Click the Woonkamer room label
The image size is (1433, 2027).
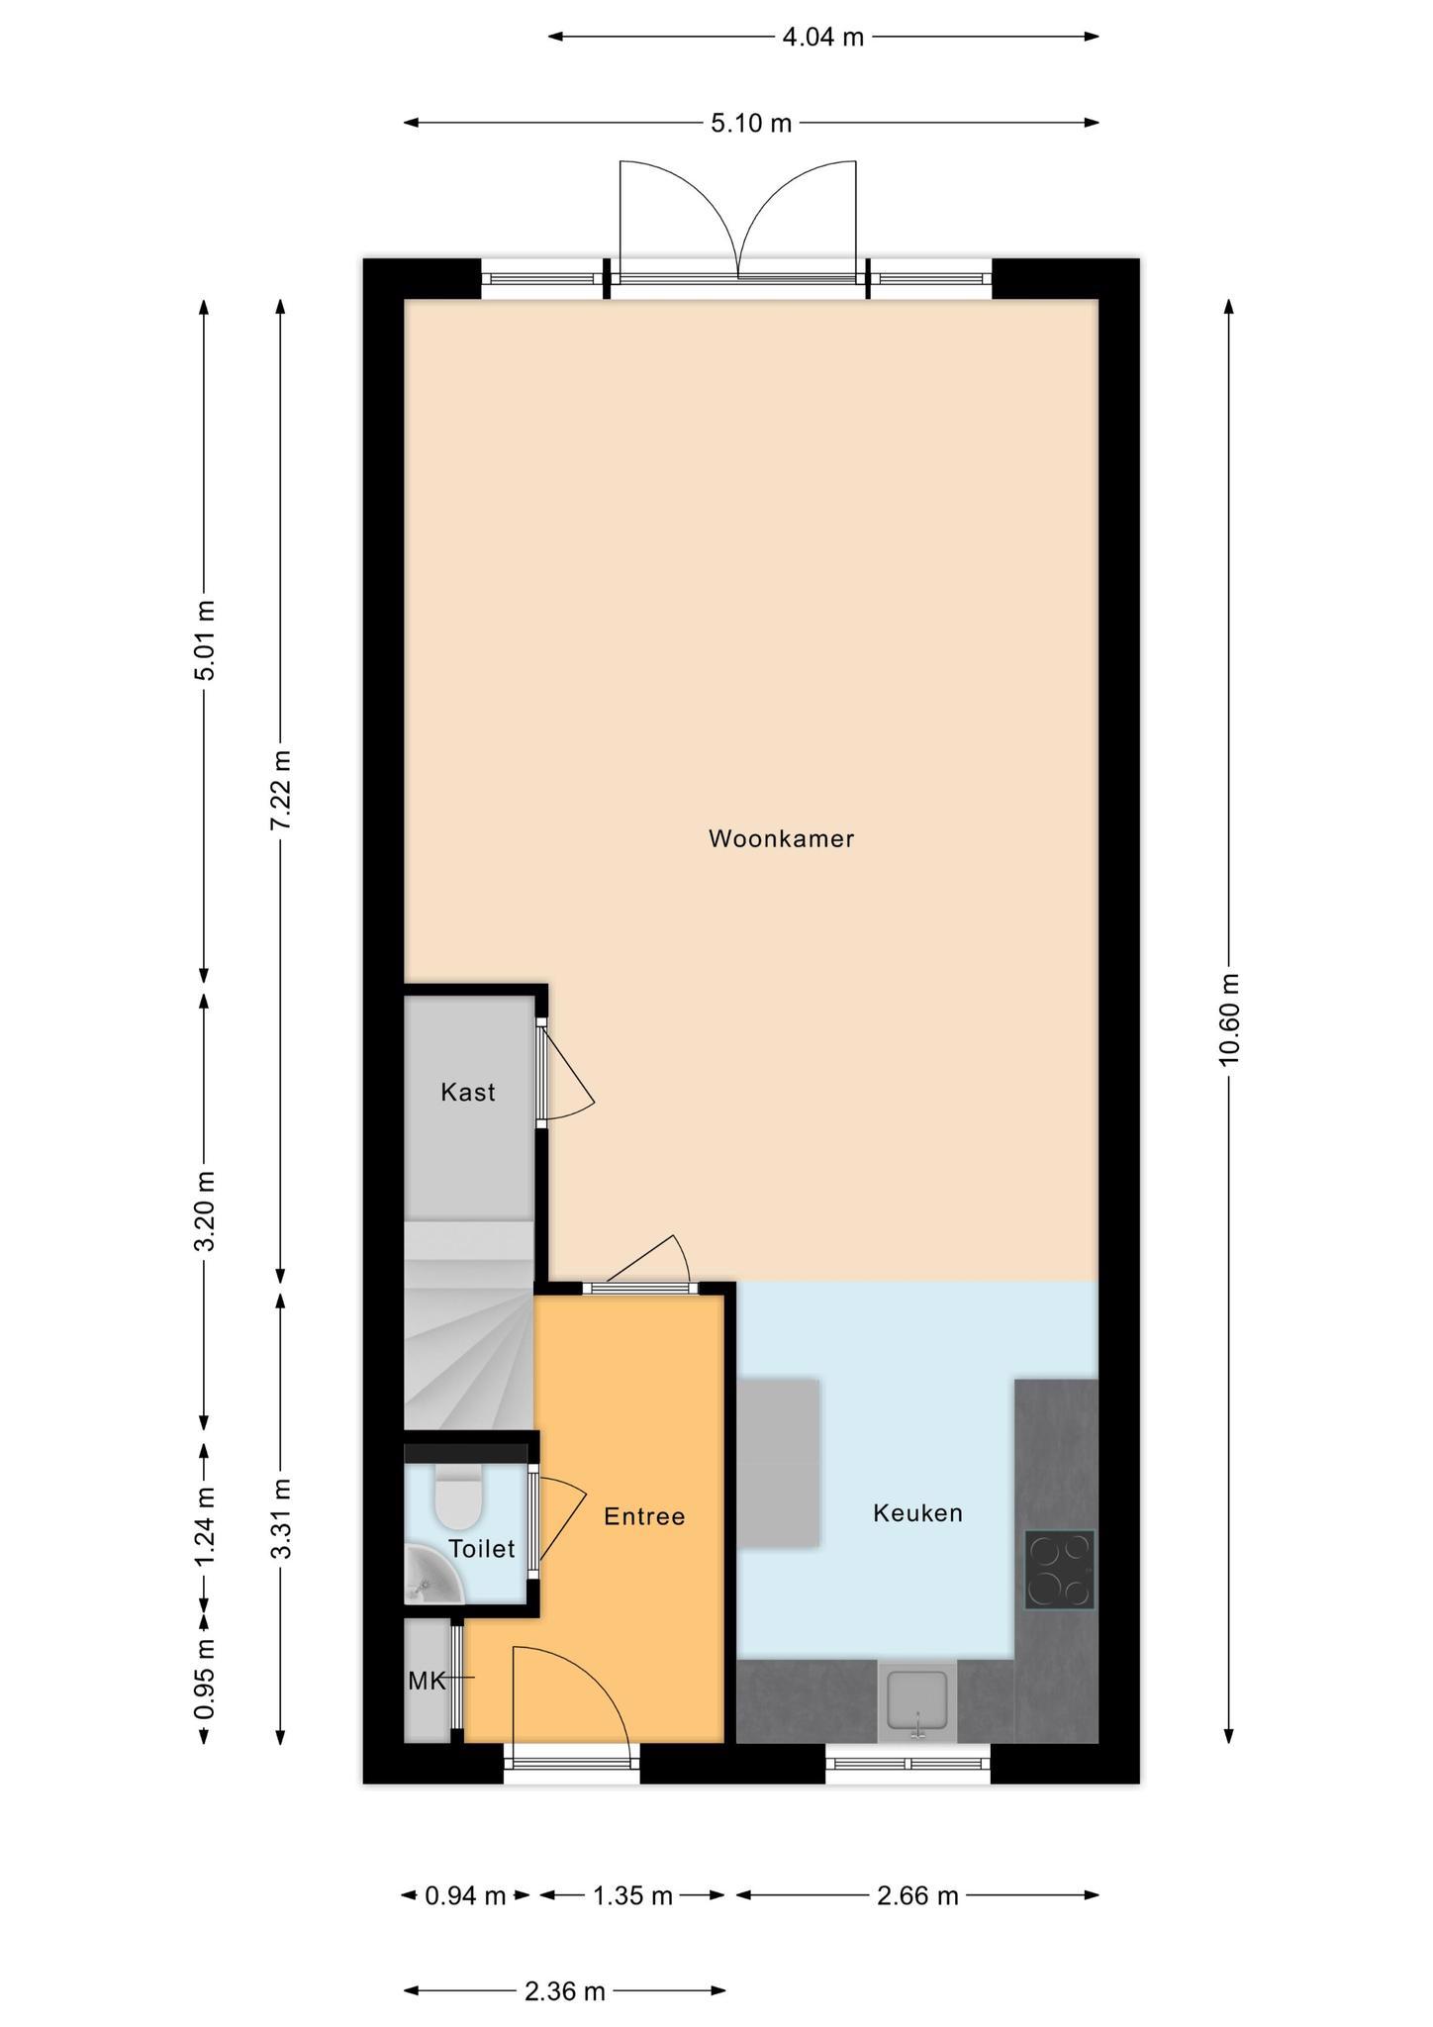(x=781, y=838)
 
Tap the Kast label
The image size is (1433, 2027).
(x=468, y=1092)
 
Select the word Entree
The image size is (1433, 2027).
(x=644, y=1516)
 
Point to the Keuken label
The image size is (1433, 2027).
(x=917, y=1512)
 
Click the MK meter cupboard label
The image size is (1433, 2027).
(x=427, y=1681)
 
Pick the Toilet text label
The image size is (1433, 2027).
(x=482, y=1549)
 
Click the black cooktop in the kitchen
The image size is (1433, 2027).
(x=1059, y=1570)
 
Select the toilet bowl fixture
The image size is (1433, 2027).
(x=458, y=1496)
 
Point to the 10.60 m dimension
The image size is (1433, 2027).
(x=1229, y=1020)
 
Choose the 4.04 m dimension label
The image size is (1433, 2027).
(x=823, y=38)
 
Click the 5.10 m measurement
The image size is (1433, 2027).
(x=751, y=124)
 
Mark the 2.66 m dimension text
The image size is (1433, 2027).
(x=917, y=1896)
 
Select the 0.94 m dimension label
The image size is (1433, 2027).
(x=465, y=1896)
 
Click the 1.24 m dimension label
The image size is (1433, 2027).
(x=205, y=1527)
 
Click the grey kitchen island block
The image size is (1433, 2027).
(x=779, y=1462)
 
